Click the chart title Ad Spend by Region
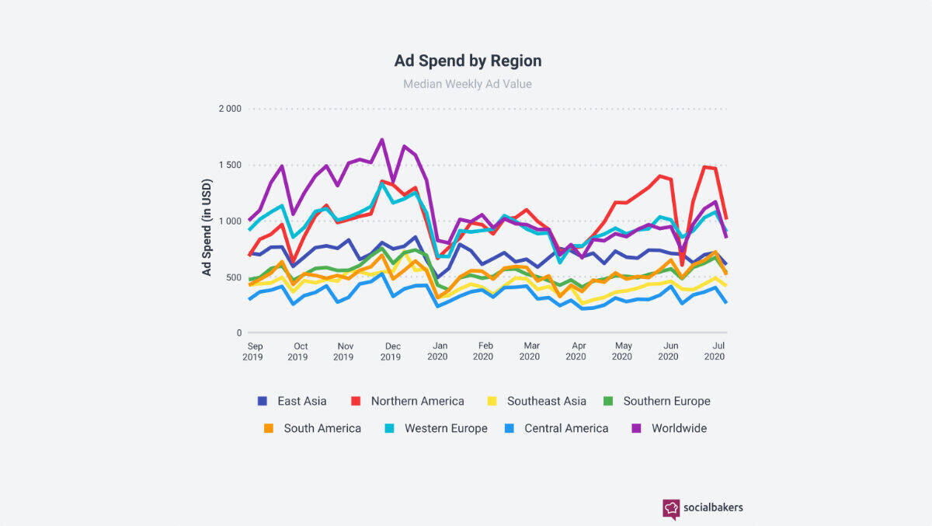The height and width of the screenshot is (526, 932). pos(468,61)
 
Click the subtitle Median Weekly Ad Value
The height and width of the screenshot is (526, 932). pos(468,84)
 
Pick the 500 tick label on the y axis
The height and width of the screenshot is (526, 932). pos(233,277)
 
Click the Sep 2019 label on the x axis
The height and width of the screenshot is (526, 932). pos(253,351)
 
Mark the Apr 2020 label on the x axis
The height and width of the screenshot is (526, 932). pos(576,351)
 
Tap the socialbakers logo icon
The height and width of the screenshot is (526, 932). pos(671,508)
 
